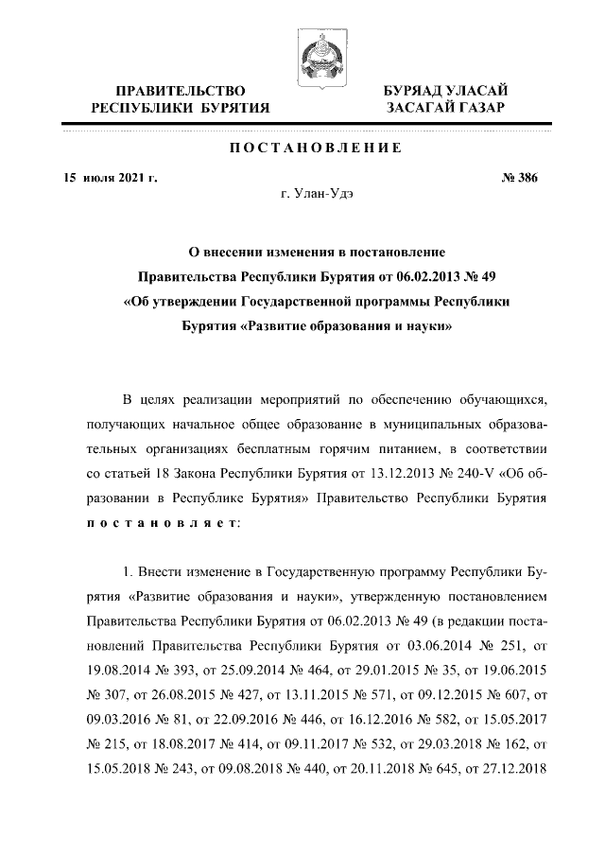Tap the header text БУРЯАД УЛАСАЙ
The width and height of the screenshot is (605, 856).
[x=445, y=90]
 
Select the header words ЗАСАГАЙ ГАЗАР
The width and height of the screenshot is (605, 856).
[x=445, y=109]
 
